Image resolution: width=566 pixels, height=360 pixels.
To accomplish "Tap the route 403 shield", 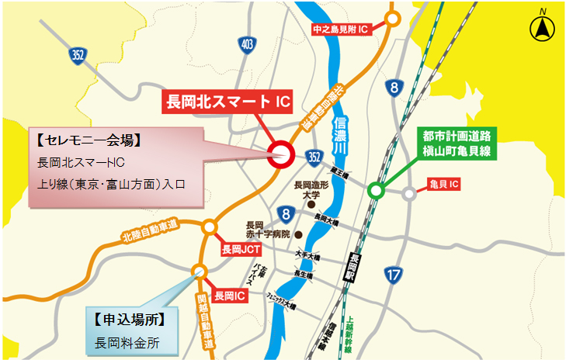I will [x=247, y=44].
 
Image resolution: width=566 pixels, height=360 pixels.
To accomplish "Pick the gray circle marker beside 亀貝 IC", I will [x=408, y=194].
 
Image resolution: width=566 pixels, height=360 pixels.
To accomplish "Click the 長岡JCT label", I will [x=241, y=250].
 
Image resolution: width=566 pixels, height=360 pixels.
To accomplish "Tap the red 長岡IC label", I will [x=230, y=296].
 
